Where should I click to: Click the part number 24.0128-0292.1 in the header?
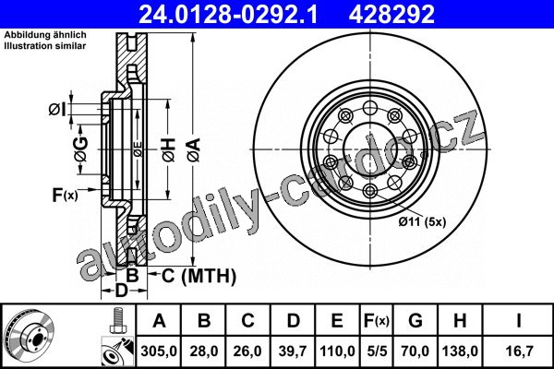228,14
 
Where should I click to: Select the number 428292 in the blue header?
391,14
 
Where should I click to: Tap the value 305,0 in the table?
159,351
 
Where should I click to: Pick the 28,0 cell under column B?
203,351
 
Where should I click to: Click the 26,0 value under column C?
247,351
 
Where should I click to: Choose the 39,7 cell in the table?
293,351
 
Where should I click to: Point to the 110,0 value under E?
337,351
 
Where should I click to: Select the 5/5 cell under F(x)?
377,351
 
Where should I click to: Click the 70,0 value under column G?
415,351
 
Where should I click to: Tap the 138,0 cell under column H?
460,351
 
